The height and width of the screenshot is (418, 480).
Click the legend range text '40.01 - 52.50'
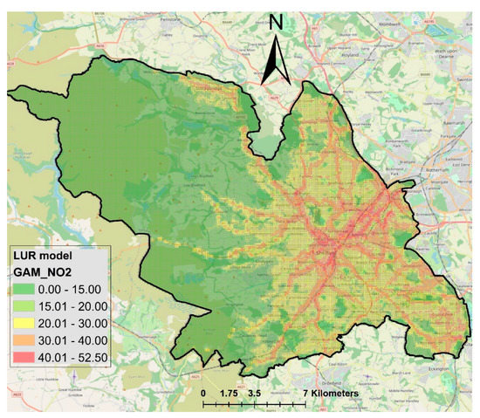[73, 357]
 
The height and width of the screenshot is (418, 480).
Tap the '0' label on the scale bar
[203, 394]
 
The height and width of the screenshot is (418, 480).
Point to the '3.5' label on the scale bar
[255, 394]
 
